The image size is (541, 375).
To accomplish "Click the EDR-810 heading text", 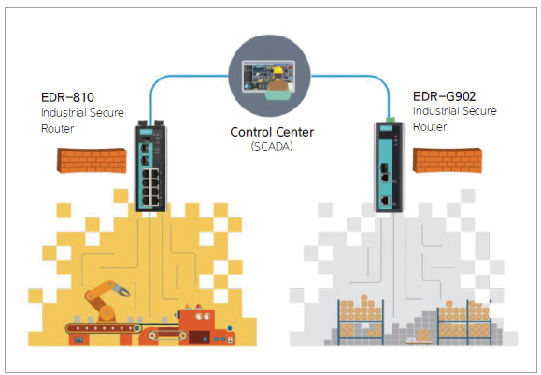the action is click(x=67, y=97).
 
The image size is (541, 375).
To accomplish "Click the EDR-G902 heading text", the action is click(x=445, y=96).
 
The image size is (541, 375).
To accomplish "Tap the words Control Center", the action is click(x=272, y=132).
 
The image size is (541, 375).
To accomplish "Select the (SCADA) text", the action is click(x=272, y=147).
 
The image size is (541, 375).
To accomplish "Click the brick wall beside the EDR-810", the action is click(x=92, y=160).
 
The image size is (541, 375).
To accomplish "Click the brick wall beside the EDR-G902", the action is click(x=448, y=160).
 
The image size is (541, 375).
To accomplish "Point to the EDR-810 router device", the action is click(x=150, y=166).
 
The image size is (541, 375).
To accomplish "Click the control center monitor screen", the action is click(x=268, y=76).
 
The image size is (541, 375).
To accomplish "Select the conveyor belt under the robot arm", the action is click(x=104, y=328).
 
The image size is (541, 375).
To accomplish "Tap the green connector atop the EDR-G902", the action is click(x=391, y=120).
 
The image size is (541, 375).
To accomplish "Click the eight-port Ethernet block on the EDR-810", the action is click(x=150, y=187).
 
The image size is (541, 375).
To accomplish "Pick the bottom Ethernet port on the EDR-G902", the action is click(x=385, y=200).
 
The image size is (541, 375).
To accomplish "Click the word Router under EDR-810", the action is click(x=57, y=129).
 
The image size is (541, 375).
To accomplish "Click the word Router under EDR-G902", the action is click(x=430, y=127).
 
